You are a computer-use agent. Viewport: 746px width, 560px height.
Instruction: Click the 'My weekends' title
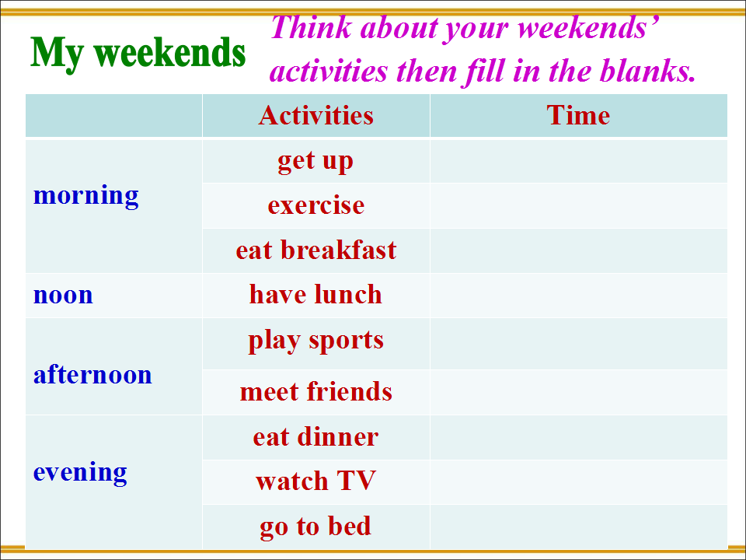[138, 54]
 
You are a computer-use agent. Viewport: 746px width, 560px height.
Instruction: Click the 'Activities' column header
[316, 115]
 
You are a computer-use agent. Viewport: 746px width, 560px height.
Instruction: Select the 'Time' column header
[578, 115]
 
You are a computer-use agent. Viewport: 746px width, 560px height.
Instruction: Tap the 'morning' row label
[86, 196]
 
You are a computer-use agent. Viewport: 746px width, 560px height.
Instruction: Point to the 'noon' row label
[63, 296]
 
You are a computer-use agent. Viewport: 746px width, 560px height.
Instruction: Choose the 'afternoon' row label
[92, 374]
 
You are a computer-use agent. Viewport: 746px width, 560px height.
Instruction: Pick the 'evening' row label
[80, 473]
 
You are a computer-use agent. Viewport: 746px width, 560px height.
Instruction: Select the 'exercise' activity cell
[316, 205]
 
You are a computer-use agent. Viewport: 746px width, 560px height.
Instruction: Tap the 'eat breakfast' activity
[316, 250]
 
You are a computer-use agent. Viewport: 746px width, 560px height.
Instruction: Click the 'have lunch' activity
[316, 294]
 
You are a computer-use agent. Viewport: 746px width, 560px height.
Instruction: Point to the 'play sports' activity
[316, 341]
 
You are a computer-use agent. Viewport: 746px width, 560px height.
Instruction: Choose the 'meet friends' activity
[316, 391]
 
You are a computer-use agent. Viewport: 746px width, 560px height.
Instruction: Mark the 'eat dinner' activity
[316, 436]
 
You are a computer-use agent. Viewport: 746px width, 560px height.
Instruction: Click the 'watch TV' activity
[316, 481]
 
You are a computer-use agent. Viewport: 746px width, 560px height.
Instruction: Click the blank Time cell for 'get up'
[578, 162]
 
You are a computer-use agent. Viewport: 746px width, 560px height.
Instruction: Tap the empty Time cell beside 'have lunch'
[578, 296]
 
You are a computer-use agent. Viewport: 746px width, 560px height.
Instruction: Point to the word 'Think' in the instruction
[311, 27]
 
